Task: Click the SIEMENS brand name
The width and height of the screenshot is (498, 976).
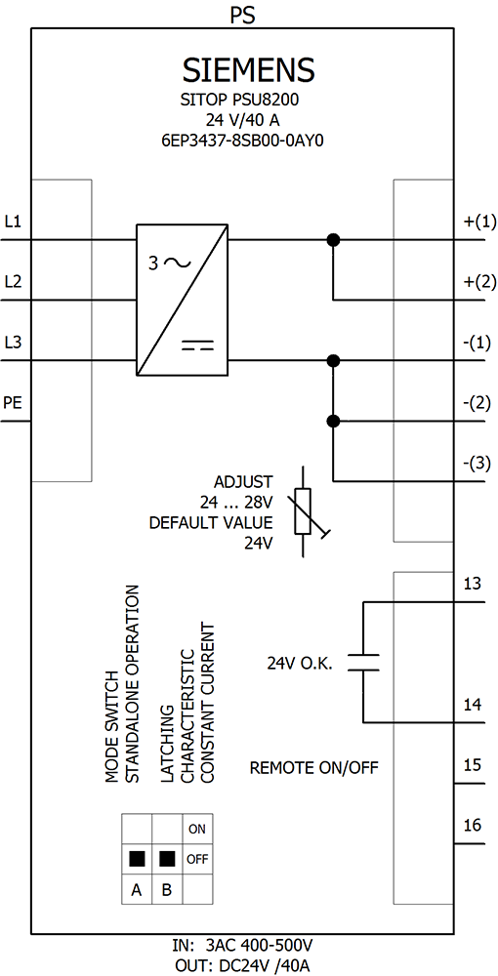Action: tap(248, 70)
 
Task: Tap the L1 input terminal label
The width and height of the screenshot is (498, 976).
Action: tap(13, 221)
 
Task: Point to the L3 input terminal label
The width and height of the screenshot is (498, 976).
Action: tap(13, 343)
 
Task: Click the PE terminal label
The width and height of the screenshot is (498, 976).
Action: tap(13, 403)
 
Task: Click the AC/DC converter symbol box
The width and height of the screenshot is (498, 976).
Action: tap(182, 300)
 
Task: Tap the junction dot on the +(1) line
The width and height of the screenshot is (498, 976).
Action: tap(334, 240)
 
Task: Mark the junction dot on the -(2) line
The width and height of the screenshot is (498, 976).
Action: tap(334, 422)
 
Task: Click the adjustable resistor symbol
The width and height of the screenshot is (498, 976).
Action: tap(304, 511)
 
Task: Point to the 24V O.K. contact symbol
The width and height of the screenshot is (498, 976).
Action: tap(363, 663)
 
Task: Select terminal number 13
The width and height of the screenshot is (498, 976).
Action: tap(473, 584)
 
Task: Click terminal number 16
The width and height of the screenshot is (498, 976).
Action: tap(473, 826)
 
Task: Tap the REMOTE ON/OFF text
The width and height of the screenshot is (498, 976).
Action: tap(314, 767)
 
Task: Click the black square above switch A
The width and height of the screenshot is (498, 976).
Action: tap(137, 859)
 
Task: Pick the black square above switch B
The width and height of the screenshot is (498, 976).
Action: tap(167, 859)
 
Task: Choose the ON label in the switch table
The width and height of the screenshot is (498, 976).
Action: tap(197, 829)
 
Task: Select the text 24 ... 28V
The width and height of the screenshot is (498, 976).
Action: tap(236, 502)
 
